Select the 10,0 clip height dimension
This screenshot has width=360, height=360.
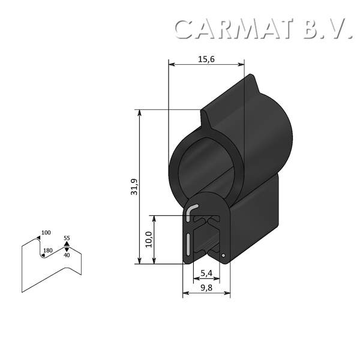(x=148, y=240)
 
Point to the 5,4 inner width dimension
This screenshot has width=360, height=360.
(x=206, y=274)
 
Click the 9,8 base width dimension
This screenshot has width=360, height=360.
(x=206, y=289)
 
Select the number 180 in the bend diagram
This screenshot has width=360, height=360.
(x=49, y=250)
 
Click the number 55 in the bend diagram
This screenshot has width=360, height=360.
(x=67, y=238)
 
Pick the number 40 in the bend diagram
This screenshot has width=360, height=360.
(x=67, y=256)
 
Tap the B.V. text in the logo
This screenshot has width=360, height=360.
(x=327, y=29)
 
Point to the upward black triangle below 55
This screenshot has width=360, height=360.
(x=67, y=244)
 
